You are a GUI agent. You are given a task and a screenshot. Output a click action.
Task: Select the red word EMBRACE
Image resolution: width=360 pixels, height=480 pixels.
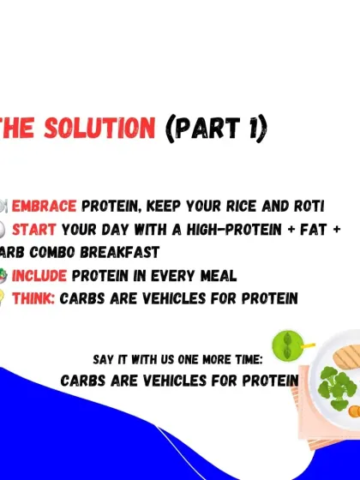pyautogui.click(x=45, y=207)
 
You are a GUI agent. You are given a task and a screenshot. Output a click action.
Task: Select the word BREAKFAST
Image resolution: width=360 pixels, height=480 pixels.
pyautogui.click(x=120, y=253)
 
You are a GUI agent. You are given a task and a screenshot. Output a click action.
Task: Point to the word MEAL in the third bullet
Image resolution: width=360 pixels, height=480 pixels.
pyautogui.click(x=217, y=276)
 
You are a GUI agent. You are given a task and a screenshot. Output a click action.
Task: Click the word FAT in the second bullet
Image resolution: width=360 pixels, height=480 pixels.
pyautogui.click(x=303, y=230)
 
